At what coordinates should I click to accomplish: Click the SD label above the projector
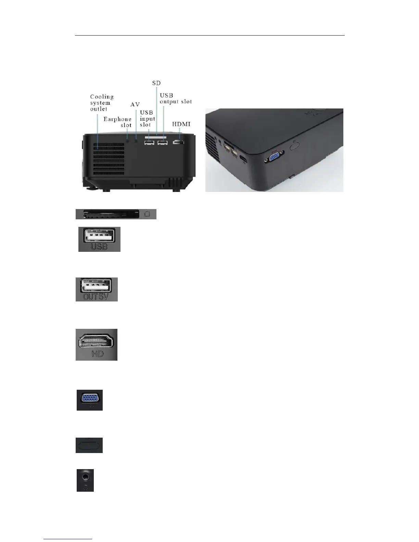pos(156,83)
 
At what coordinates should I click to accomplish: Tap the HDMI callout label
pos(181,124)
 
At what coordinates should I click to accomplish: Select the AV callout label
pos(135,104)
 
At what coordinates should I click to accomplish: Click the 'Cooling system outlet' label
pos(102,103)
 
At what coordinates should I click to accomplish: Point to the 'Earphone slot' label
pos(118,122)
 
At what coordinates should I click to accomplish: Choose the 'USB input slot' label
pos(147,118)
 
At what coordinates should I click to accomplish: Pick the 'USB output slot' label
pos(176,99)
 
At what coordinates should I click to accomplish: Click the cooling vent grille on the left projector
pos(109,159)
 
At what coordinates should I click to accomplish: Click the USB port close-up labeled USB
pos(99,239)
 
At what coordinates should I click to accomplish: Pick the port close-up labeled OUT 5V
pos(97,289)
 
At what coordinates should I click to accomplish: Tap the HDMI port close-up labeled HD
pos(97,345)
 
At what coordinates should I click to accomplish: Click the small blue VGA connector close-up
pos(90,400)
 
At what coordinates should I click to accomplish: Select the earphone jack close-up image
pos(85,480)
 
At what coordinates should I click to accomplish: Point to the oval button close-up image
pos(89,445)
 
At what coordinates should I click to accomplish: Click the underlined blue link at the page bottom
pos(68,539)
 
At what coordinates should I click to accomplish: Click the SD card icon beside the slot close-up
pos(148,214)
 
